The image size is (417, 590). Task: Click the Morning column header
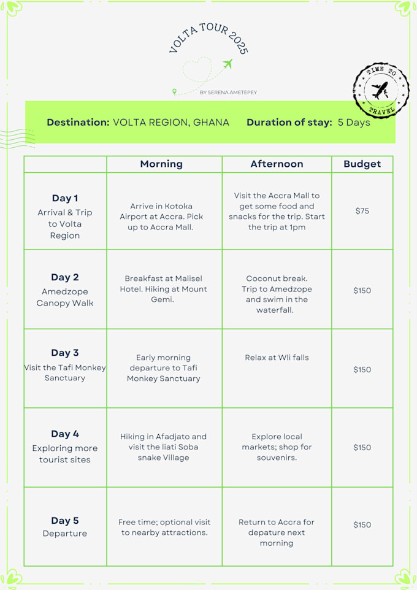[x=161, y=164]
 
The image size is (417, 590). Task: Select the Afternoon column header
[x=277, y=164]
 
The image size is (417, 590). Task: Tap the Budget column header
[x=362, y=164]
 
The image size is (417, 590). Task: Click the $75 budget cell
[x=362, y=211]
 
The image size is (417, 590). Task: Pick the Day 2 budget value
[x=362, y=290]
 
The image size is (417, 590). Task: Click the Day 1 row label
[x=65, y=198]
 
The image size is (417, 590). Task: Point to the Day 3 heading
[x=65, y=353]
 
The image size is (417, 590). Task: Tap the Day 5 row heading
[x=65, y=521]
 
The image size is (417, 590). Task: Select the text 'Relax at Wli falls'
[x=277, y=358]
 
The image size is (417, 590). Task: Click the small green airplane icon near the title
[x=228, y=64]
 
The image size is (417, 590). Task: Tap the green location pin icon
[x=174, y=92]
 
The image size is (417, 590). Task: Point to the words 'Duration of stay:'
[x=289, y=122]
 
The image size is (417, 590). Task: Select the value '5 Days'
[x=354, y=122]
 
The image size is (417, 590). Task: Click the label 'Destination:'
[x=78, y=122]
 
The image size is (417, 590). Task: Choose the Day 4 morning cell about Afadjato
[x=163, y=447]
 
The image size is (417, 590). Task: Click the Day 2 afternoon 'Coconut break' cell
[x=277, y=294]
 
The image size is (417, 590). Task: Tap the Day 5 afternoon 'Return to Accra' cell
[x=277, y=532]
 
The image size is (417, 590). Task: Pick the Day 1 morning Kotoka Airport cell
[x=161, y=216]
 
